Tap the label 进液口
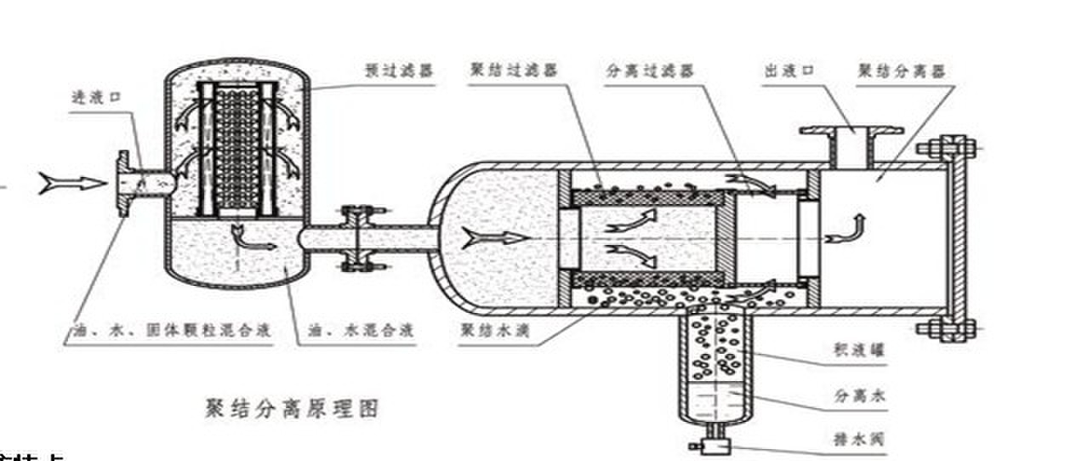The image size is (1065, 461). pos(96,98)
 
